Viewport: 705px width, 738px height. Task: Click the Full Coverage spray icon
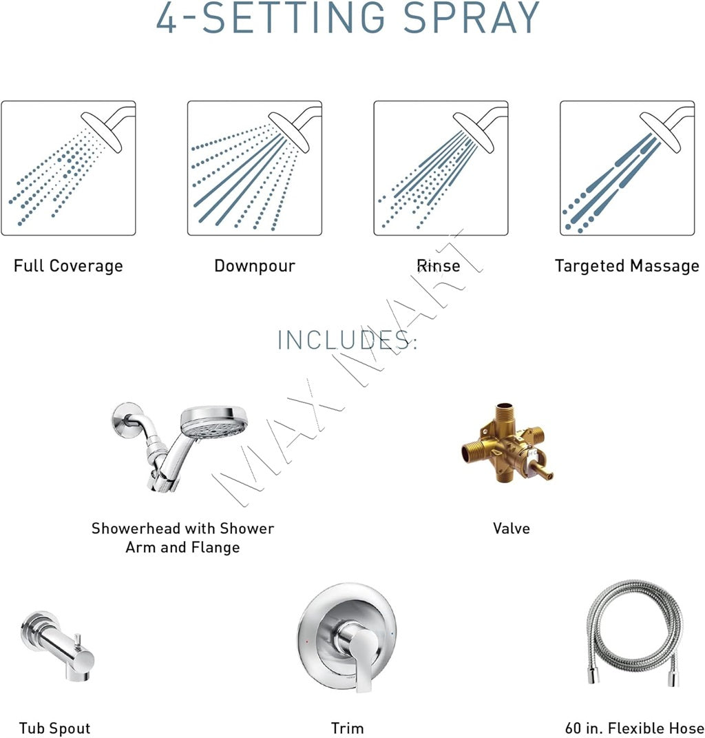click(68, 168)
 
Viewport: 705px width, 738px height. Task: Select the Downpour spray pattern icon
click(255, 168)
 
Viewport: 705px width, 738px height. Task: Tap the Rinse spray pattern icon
click(441, 168)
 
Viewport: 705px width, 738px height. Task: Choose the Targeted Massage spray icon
click(627, 168)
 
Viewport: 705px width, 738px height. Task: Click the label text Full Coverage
click(68, 266)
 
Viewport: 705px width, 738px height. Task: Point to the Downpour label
click(255, 266)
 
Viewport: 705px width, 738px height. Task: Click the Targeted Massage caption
click(627, 266)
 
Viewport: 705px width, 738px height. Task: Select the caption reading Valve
click(512, 529)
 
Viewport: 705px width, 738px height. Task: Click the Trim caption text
click(348, 728)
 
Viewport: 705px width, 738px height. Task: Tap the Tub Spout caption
click(54, 728)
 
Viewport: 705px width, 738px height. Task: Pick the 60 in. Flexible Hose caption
click(633, 728)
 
